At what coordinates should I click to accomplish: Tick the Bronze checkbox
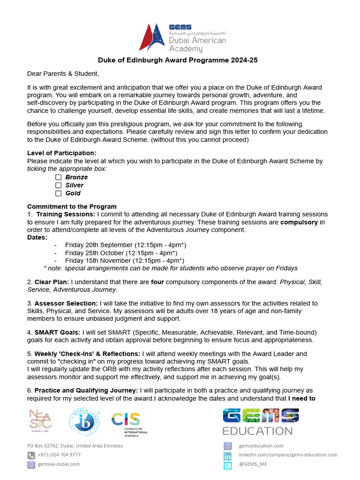(x=59, y=177)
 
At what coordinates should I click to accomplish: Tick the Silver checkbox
(x=59, y=185)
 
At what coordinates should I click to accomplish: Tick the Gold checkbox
(x=59, y=193)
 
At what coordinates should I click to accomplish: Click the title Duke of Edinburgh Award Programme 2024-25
(x=178, y=60)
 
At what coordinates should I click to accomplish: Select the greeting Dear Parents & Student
(x=63, y=74)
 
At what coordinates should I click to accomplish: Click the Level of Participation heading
(x=61, y=153)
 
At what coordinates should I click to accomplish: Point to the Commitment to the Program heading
(x=72, y=207)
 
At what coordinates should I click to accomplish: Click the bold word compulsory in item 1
(x=299, y=222)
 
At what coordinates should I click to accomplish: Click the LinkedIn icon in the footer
(x=228, y=456)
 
